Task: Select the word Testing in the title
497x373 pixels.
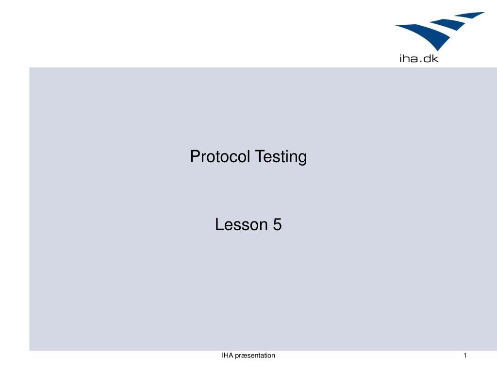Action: coord(281,157)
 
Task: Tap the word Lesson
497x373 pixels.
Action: coord(241,224)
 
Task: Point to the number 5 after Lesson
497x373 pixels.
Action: coord(277,224)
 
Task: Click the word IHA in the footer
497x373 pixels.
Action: coord(227,356)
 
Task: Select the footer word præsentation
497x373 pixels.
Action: coord(255,356)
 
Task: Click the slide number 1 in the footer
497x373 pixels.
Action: coord(465,356)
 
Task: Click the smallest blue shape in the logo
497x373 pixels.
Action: coord(471,15)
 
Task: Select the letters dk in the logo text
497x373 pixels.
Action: coord(431,59)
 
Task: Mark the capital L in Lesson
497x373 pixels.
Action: coord(219,224)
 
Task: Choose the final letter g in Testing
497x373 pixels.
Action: coord(303,159)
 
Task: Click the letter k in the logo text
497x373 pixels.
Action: coord(435,59)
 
